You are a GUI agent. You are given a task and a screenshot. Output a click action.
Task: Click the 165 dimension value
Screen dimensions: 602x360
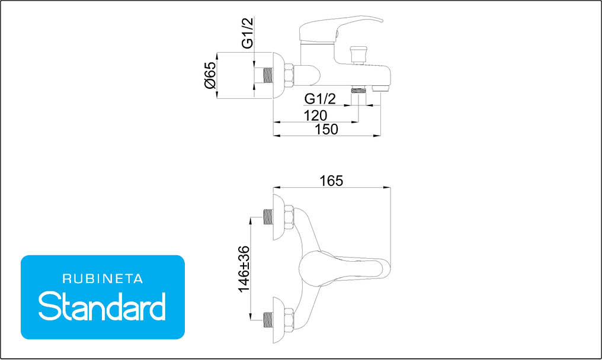(x=331, y=181)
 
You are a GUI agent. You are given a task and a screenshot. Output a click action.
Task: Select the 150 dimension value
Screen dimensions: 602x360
(x=326, y=129)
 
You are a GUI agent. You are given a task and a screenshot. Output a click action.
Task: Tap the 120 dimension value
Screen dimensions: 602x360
(x=316, y=115)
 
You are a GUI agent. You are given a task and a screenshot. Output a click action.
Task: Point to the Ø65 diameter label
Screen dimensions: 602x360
(x=210, y=75)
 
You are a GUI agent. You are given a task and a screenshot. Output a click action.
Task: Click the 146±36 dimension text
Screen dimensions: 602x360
(x=244, y=269)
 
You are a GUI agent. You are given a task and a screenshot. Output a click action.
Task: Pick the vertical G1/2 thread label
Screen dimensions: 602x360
(x=248, y=33)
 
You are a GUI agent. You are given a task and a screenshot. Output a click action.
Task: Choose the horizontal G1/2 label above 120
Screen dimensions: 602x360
(x=320, y=99)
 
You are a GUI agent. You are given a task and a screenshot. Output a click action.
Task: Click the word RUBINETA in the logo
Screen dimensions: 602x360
(x=103, y=279)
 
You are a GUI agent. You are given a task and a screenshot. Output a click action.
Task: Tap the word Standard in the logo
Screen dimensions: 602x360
(x=102, y=306)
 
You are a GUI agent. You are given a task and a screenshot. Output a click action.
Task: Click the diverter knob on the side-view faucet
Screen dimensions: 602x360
(x=358, y=55)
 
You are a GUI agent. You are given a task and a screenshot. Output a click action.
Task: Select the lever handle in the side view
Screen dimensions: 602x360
(x=340, y=29)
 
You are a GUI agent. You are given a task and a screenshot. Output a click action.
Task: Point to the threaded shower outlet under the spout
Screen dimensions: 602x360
(x=358, y=91)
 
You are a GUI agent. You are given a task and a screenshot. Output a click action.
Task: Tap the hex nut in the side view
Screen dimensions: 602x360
(x=289, y=75)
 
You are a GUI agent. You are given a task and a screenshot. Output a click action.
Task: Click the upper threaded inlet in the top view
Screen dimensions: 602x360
(x=268, y=217)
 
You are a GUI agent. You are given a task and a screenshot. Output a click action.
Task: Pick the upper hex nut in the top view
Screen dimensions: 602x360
(x=289, y=217)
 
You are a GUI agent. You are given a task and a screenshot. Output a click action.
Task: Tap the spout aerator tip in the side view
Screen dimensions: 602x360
(x=381, y=89)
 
